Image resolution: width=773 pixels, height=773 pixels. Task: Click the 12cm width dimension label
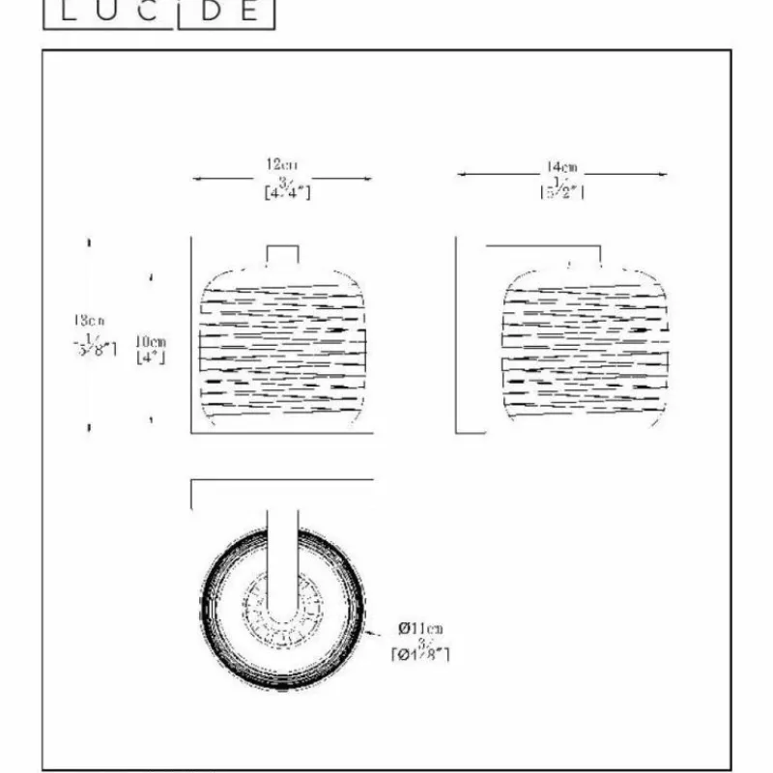point(282,164)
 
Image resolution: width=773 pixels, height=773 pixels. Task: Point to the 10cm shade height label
point(151,341)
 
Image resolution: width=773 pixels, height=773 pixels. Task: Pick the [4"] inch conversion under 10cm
point(151,358)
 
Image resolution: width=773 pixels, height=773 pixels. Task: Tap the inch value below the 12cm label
point(287,189)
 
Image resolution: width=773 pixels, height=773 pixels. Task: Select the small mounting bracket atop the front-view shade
point(283,253)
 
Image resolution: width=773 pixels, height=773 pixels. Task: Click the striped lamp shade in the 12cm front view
point(284,348)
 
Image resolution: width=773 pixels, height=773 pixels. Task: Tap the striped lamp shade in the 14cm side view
point(585,348)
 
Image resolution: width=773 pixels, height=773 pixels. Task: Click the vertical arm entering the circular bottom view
point(283,560)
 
